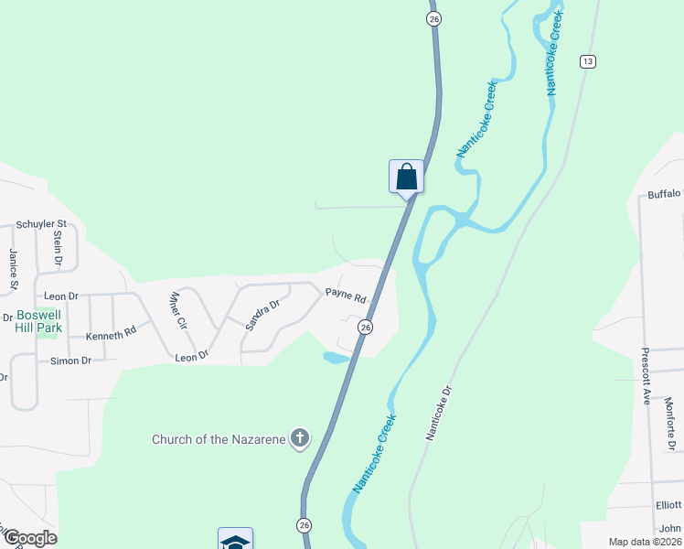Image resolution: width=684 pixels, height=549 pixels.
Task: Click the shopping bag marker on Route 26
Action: [406, 177]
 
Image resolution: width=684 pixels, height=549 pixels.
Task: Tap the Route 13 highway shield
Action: [587, 61]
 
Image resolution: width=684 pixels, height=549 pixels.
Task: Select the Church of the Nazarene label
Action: [219, 439]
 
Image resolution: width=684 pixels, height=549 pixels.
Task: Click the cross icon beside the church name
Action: [299, 439]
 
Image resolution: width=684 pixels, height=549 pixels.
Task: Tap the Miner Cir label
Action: [177, 311]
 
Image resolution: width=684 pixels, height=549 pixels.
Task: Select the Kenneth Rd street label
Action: [111, 336]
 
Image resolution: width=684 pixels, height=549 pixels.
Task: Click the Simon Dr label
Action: [70, 361]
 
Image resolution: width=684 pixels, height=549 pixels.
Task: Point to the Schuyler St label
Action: [42, 223]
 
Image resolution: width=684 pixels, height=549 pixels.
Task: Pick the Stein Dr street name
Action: [58, 248]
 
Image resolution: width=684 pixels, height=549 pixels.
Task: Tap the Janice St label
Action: [14, 269]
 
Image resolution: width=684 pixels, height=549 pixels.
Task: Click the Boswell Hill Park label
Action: [38, 321]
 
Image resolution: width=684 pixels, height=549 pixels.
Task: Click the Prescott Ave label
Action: [645, 376]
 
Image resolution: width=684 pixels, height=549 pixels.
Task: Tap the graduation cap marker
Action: [235, 540]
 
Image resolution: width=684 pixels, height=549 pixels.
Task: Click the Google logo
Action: [29, 538]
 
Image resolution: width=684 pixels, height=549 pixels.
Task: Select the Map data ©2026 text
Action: [644, 542]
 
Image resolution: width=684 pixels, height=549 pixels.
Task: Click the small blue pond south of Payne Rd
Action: [335, 357]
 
